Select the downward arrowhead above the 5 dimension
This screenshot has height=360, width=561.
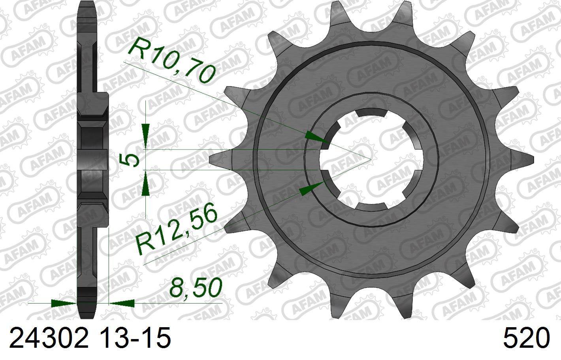click(145, 136)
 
